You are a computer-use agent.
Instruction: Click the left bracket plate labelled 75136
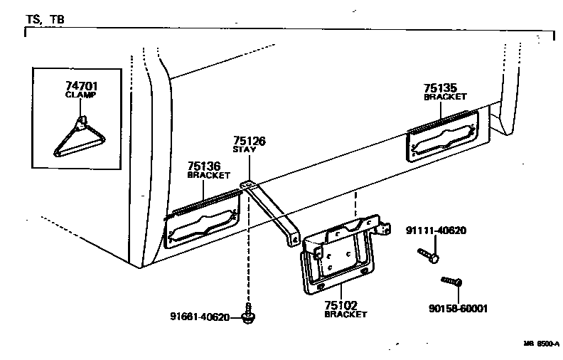pos(203,221)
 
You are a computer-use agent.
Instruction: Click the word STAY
pos(245,150)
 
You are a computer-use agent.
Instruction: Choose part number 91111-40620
pos(436,231)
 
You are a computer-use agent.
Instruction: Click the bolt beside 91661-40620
pos(249,316)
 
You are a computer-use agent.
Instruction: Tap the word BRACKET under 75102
pos(345,314)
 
